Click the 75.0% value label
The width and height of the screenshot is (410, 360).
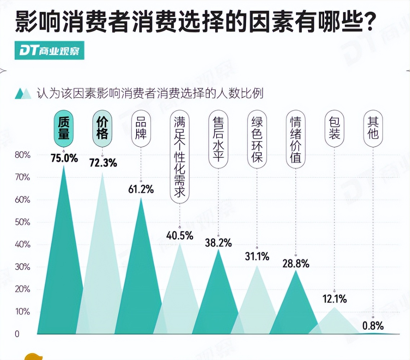[x=64, y=158]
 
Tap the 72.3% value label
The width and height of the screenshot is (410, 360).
[x=103, y=163]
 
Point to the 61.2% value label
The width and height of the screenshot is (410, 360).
[x=141, y=189]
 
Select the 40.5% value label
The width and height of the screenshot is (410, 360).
[x=179, y=235]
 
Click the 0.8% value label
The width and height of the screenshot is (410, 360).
[x=373, y=326]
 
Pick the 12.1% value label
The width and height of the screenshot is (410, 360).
[x=334, y=298]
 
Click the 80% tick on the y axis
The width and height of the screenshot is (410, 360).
[x=22, y=155]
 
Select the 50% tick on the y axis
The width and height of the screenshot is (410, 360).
[x=22, y=222]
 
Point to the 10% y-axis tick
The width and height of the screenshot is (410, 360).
[x=22, y=312]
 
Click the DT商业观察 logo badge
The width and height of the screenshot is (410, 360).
[x=50, y=51]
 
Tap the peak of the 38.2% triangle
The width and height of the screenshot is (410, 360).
[x=218, y=249]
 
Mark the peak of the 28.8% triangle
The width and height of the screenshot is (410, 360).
[x=296, y=270]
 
